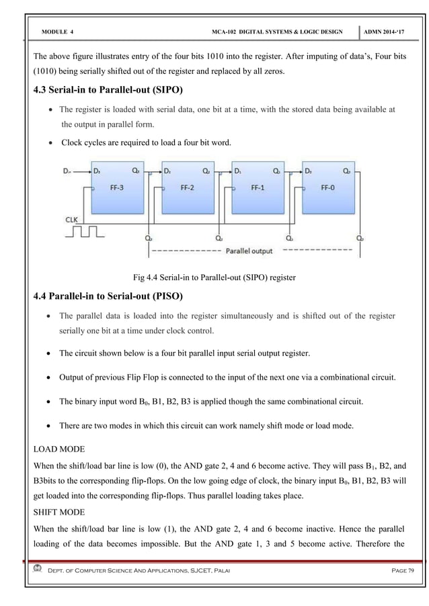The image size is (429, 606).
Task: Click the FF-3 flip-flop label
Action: tap(116, 189)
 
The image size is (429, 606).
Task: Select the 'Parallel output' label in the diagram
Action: tap(251, 252)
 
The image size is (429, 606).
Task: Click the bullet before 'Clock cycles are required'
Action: tap(52, 142)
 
